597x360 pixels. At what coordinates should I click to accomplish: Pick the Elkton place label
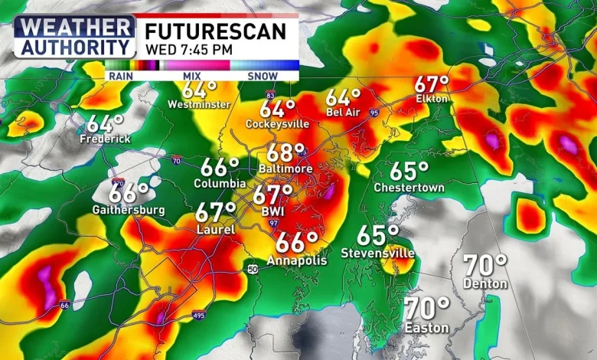click(431, 99)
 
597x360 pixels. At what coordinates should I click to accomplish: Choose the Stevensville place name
click(378, 253)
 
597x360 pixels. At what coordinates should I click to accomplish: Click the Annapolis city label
click(297, 260)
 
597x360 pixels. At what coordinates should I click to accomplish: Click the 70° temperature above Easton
click(427, 309)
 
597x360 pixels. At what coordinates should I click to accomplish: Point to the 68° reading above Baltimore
click(285, 152)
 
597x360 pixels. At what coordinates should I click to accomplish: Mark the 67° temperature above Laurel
click(216, 211)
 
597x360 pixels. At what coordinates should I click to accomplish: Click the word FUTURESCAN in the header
click(217, 31)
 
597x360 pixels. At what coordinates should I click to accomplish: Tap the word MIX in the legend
click(191, 76)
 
